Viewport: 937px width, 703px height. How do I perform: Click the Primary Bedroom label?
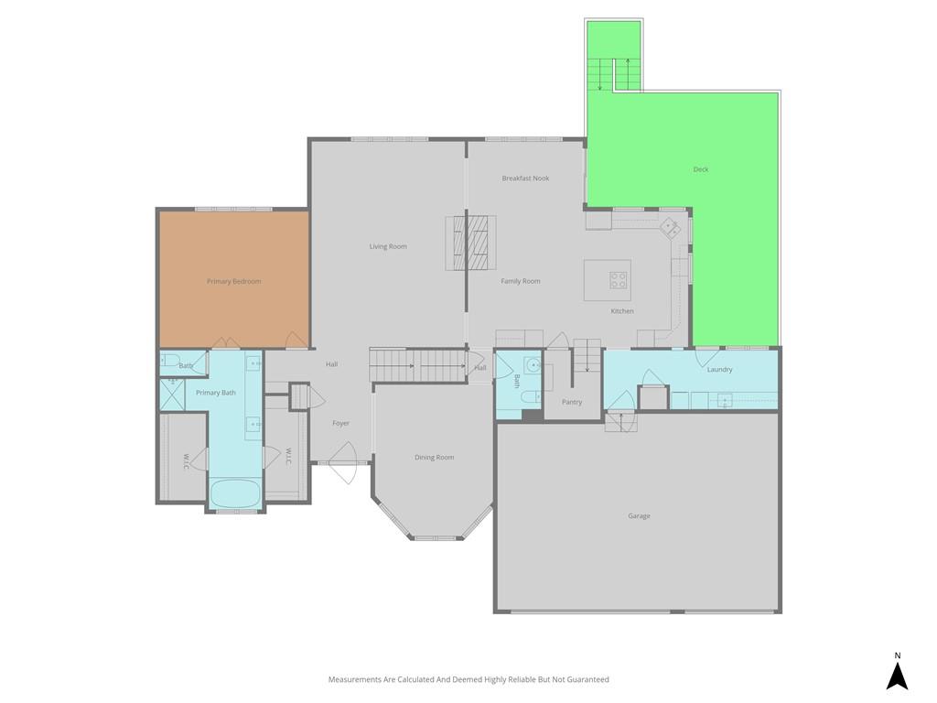(233, 281)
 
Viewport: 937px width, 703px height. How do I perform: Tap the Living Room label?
(388, 246)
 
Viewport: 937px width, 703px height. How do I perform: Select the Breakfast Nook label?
(525, 178)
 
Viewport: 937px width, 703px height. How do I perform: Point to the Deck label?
(701, 169)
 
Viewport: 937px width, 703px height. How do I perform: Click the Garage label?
(639, 516)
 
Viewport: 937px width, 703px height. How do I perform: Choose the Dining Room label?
(435, 458)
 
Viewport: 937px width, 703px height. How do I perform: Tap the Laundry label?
(719, 370)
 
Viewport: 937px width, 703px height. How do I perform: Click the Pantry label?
(572, 402)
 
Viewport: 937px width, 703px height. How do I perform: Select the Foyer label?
(340, 423)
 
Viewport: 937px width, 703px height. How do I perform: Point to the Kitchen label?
(622, 311)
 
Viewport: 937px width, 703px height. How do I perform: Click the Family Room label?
(521, 281)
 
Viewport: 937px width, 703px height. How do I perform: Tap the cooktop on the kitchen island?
(618, 280)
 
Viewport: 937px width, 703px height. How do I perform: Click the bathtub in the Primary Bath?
(235, 493)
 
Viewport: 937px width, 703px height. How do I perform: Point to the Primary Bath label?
(216, 393)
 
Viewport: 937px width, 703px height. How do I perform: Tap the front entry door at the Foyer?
(343, 462)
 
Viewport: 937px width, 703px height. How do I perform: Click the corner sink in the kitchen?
(670, 227)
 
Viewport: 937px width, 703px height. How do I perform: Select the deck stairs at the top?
(614, 74)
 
